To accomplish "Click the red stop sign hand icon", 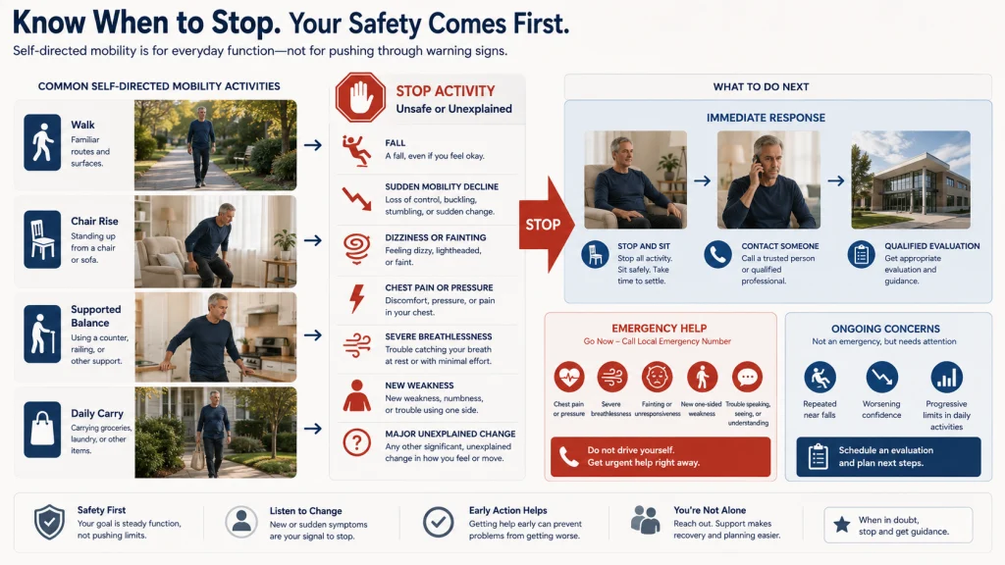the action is (x=360, y=97).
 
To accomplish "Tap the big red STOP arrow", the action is (x=546, y=225).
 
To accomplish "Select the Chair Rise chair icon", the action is (x=42, y=239).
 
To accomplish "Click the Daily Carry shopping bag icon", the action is (x=42, y=429).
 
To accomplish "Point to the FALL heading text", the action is (x=395, y=143).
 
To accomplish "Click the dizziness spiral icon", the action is (x=356, y=249).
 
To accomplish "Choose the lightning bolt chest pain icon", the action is (x=357, y=298).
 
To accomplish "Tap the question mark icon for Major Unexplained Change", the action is (x=356, y=442).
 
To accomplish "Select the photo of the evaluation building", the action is (x=910, y=180).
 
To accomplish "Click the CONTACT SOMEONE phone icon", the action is (x=717, y=254).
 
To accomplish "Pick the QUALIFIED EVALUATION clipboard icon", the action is (x=861, y=254).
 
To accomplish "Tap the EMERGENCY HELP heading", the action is (x=659, y=328).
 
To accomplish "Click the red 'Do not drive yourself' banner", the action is (x=661, y=457).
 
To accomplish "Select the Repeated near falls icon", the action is (x=820, y=378).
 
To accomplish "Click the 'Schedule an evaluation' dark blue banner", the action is (x=888, y=457).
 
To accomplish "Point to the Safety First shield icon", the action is (x=49, y=522).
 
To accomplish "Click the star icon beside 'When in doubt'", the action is (x=841, y=526).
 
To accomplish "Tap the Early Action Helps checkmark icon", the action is (x=439, y=522).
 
